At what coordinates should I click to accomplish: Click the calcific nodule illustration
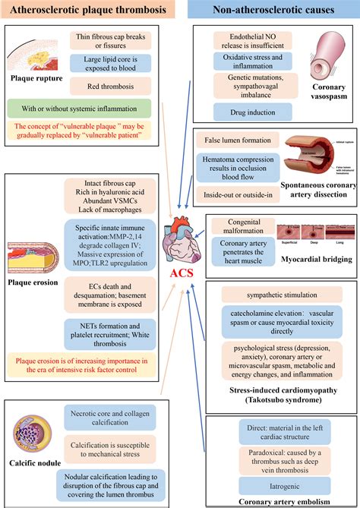click(x=33, y=436)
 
